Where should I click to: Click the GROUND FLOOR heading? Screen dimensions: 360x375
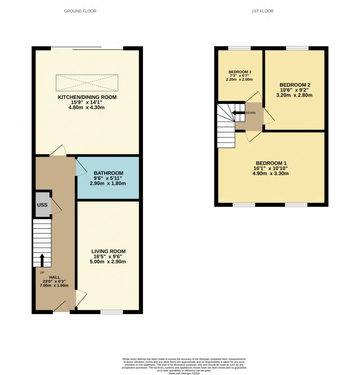click(80, 11)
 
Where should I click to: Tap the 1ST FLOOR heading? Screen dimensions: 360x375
click(262, 11)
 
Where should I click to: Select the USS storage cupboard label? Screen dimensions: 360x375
click(42, 205)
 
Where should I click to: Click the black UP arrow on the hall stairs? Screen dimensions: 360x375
click(42, 260)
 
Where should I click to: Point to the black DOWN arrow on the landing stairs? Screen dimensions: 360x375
click(238, 113)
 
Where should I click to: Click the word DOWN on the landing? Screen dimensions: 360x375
click(251, 113)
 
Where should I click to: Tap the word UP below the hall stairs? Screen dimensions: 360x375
click(42, 272)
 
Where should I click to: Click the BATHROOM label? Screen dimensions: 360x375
click(109, 173)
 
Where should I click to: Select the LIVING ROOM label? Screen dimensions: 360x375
click(109, 251)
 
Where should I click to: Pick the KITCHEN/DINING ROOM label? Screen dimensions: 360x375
click(87, 97)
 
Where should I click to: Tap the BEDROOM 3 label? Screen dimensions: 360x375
click(240, 72)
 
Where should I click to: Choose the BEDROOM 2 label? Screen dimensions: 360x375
click(295, 85)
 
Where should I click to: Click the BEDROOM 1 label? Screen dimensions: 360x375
click(271, 163)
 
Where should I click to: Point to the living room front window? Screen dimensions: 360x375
click(112, 312)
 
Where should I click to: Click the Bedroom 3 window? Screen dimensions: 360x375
click(239, 48)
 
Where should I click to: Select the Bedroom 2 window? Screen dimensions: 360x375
click(297, 48)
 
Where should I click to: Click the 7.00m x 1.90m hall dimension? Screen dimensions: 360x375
click(54, 286)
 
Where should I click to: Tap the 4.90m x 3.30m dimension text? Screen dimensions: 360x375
click(271, 173)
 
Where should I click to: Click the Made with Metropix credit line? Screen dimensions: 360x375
click(184, 373)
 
